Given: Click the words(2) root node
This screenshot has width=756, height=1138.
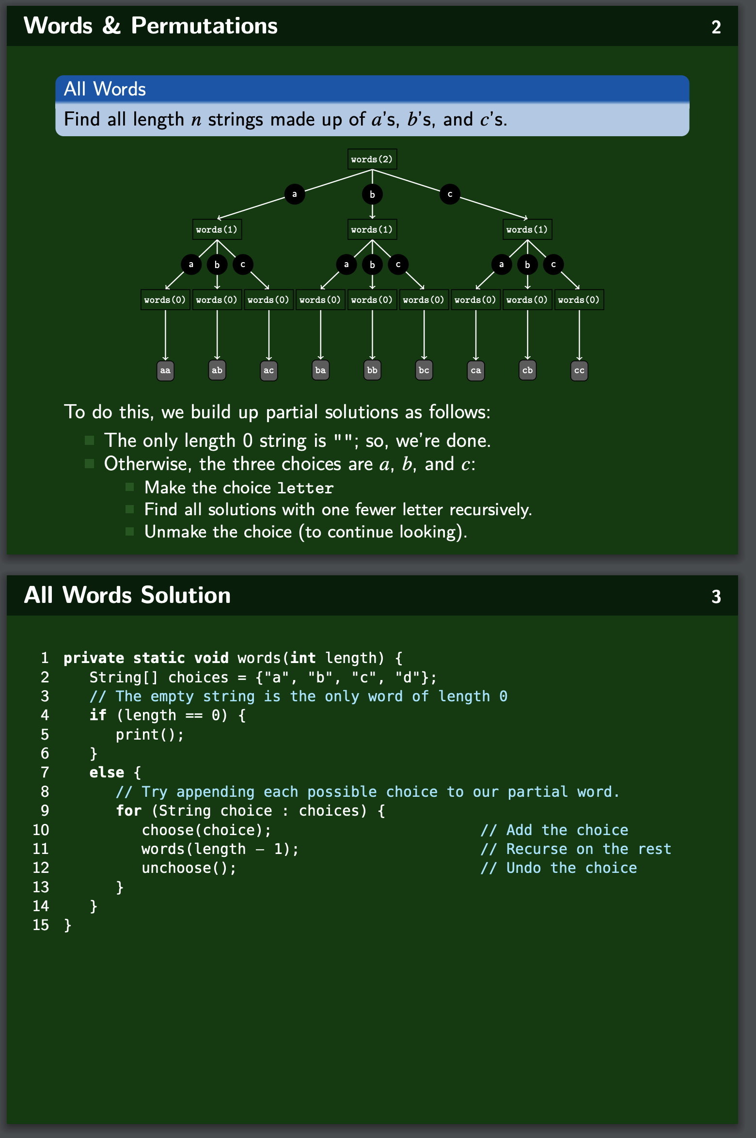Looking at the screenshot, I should (372, 159).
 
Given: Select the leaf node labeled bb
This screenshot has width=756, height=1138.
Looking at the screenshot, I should (372, 371).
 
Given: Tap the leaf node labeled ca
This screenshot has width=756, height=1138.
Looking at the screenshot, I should (476, 371).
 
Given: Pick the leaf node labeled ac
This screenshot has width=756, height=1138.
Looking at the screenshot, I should (268, 371).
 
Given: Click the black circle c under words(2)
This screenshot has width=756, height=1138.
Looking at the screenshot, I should (450, 194).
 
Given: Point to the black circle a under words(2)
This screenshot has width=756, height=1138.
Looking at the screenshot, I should (294, 194).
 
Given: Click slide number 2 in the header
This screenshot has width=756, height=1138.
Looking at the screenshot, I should (716, 27).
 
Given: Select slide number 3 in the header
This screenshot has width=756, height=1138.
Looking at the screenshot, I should (716, 597).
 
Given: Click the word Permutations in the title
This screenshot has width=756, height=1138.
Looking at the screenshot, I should (204, 26).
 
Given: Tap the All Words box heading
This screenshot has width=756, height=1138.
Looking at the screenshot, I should (105, 89).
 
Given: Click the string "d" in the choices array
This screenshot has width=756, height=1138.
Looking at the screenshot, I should (408, 678).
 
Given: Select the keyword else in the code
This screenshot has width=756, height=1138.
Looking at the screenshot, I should (107, 773).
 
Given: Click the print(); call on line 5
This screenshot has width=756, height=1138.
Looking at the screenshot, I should (150, 735).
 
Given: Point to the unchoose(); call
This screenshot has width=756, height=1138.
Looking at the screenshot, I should (189, 868).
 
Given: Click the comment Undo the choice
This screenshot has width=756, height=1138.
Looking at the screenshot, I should (559, 868).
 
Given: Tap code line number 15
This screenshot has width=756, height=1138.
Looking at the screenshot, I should (41, 925).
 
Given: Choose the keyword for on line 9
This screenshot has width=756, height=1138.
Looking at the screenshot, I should (128, 811).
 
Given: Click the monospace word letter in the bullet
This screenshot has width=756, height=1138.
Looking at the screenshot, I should (305, 488).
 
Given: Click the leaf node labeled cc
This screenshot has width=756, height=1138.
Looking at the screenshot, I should (579, 371).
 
